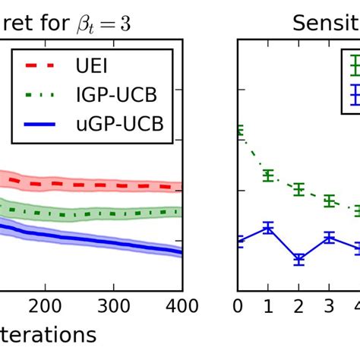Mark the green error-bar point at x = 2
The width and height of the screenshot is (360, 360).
click(298, 189)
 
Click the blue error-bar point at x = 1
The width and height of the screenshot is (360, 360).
click(268, 227)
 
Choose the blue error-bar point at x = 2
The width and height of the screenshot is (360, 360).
click(298, 260)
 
